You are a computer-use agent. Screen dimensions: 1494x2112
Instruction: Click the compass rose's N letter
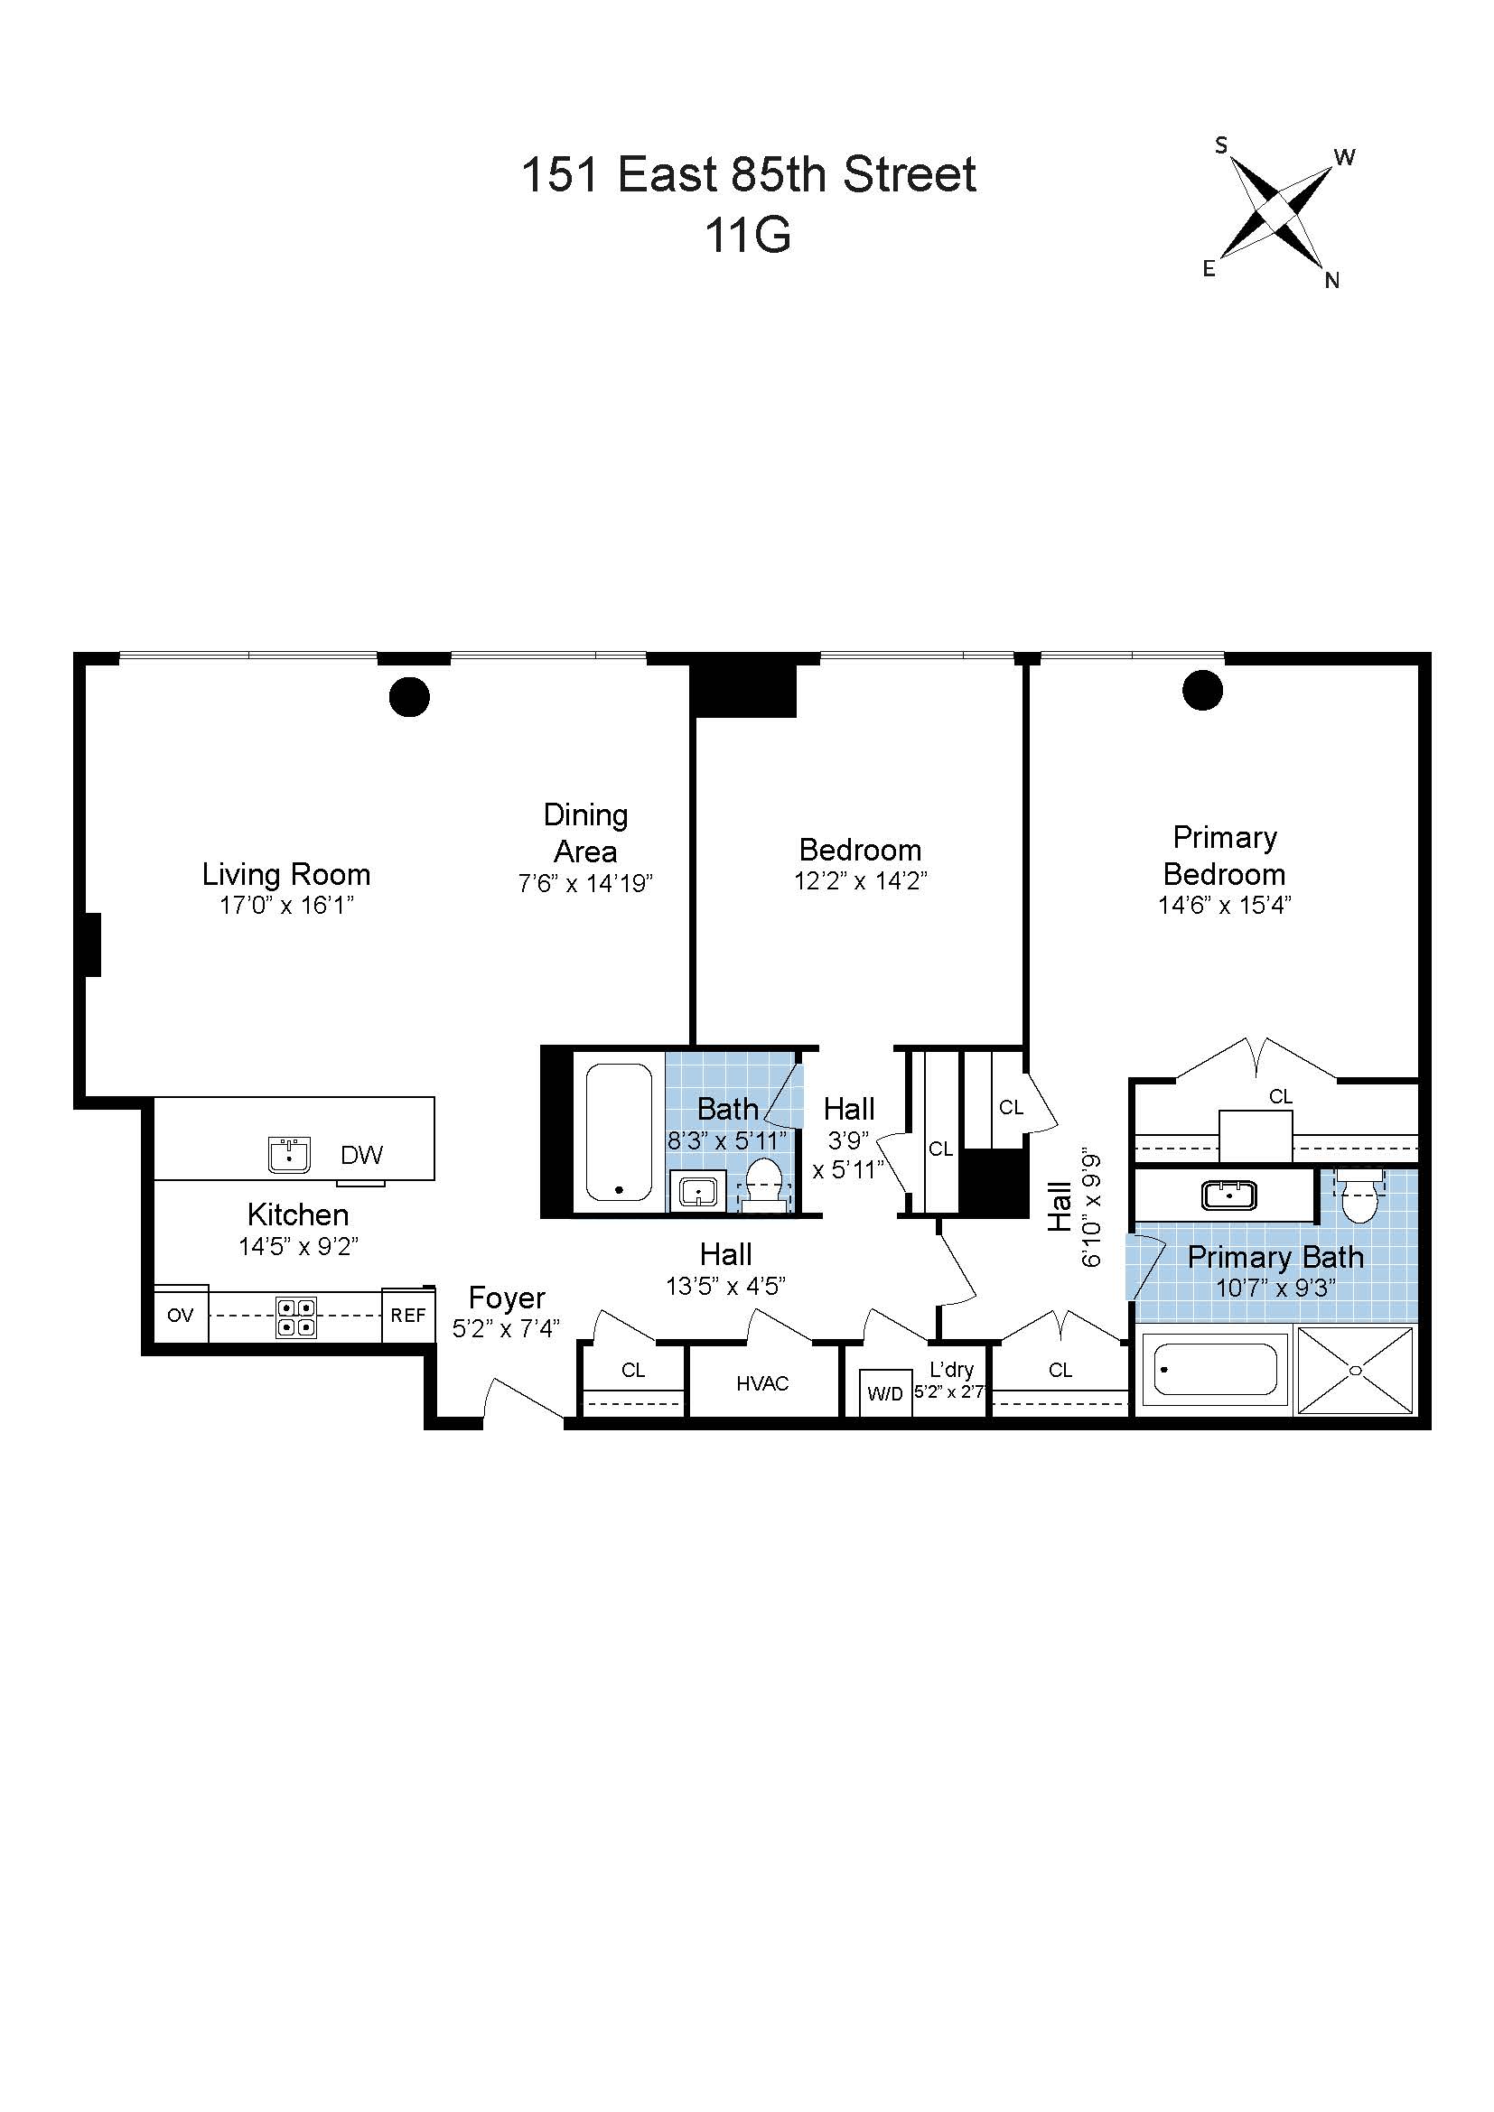pos(1331,281)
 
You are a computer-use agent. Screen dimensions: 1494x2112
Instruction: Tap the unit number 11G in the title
pos(747,236)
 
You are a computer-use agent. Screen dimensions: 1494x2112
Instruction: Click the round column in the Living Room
pos(409,696)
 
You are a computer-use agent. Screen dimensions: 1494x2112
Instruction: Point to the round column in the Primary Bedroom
pos(1201,690)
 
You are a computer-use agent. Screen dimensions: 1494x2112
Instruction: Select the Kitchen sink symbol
pos(290,1155)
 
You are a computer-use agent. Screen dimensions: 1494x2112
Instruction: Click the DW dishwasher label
pos(361,1156)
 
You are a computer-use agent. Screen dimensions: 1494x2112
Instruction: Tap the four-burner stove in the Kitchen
pos(296,1317)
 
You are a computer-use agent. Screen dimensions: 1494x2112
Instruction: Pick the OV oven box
pos(181,1316)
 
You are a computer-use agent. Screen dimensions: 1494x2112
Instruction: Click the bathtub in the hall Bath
pos(618,1132)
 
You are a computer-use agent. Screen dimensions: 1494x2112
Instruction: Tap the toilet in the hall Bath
pos(763,1183)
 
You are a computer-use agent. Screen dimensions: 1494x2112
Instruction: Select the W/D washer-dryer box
pos(885,1393)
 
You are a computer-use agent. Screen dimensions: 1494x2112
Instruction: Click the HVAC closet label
pos(762,1383)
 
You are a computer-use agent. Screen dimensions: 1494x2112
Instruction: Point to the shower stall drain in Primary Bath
pos(1355,1371)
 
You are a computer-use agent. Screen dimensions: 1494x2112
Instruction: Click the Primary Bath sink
pos(1229,1196)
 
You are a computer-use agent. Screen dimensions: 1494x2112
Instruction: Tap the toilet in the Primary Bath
pos(1359,1194)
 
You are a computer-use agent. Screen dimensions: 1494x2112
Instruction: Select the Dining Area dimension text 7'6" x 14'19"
pos(585,884)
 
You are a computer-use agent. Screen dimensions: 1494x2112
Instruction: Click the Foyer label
pos(507,1298)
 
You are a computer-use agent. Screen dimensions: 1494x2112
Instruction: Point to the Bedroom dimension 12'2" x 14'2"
pos(860,881)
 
